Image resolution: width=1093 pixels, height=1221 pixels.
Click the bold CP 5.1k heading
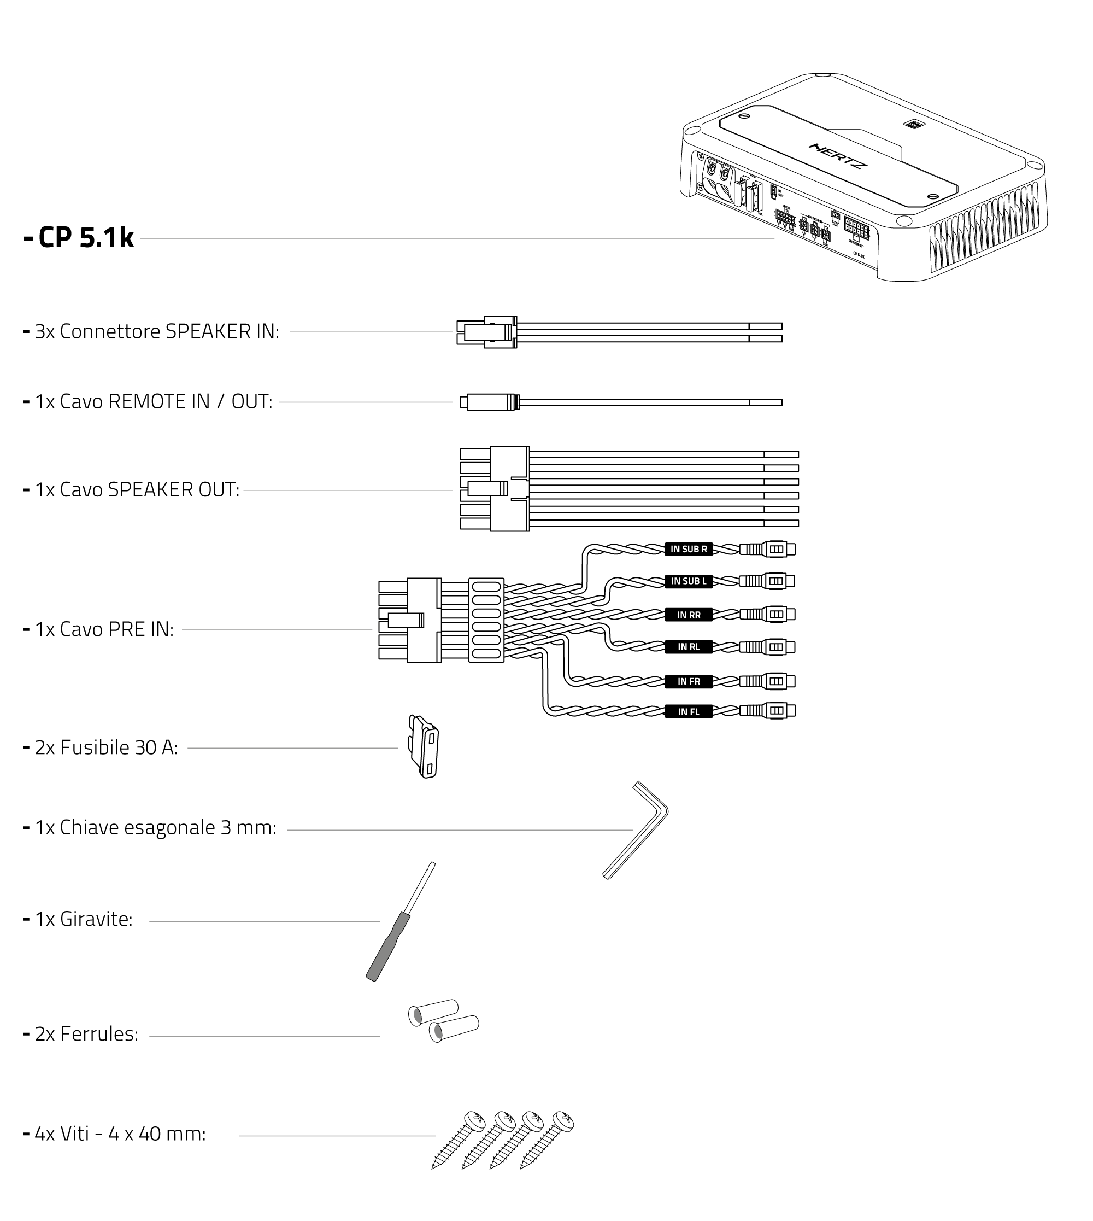pyautogui.click(x=85, y=238)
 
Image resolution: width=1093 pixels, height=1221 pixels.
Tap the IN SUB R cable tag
pyautogui.click(x=688, y=548)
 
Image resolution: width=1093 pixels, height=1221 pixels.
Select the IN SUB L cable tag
pyautogui.click(x=688, y=581)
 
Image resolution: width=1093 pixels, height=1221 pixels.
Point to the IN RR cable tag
pyautogui.click(x=688, y=615)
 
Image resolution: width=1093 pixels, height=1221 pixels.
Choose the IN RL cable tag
pyautogui.click(x=688, y=646)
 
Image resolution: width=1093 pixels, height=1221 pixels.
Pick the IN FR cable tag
pyautogui.click(x=688, y=681)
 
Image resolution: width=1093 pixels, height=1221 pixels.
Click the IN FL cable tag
pyautogui.click(x=688, y=711)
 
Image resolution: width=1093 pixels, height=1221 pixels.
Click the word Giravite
pyautogui.click(x=96, y=919)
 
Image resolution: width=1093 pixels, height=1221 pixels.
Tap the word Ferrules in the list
pyautogui.click(x=98, y=1033)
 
